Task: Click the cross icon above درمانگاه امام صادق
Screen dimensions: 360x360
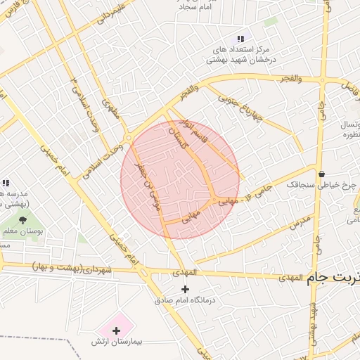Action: pos(186,289)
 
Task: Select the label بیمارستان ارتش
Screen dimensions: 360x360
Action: pos(116,341)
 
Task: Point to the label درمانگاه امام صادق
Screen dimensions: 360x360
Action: pos(186,300)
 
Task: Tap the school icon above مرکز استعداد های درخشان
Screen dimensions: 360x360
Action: pos(240,39)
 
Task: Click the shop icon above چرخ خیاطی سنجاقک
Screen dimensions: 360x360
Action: pos(321,174)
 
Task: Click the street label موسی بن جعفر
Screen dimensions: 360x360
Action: pos(151,188)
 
